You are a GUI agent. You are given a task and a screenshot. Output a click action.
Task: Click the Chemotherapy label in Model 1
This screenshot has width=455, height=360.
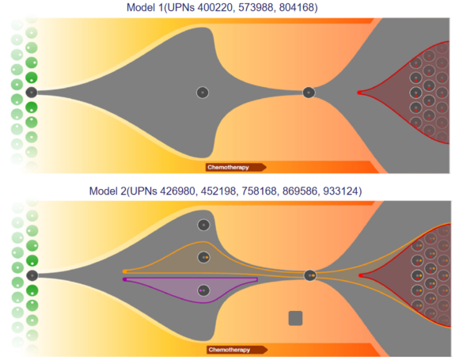point(228,168)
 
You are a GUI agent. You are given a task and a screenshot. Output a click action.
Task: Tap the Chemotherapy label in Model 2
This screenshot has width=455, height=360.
point(229,350)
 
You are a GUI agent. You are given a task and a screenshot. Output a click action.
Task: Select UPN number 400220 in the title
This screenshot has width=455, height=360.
point(215,7)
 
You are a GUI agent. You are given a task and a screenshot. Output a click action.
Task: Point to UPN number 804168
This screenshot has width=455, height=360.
point(297,7)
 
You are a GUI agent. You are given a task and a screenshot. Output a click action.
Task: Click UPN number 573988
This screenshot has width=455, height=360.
point(256,7)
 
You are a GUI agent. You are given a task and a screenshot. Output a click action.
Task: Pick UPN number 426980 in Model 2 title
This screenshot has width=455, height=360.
point(178,191)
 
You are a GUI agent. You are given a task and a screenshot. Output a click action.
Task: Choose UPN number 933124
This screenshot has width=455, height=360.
point(341,191)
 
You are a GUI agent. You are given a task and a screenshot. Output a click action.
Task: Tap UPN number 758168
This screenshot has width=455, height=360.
point(260,191)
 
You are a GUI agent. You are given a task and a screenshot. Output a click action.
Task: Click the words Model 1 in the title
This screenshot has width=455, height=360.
point(145,7)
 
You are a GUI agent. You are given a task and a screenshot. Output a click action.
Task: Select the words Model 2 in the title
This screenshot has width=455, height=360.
point(108,191)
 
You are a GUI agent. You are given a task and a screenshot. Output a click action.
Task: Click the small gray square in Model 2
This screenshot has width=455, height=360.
point(295,318)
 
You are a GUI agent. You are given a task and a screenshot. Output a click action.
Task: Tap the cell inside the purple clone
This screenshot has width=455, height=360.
point(203,290)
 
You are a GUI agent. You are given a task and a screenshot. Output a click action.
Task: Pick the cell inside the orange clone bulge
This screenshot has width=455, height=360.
point(203,257)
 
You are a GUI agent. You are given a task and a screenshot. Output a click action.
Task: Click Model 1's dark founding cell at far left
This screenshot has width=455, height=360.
point(32,93)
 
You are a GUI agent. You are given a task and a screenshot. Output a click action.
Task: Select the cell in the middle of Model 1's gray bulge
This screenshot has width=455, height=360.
point(203,93)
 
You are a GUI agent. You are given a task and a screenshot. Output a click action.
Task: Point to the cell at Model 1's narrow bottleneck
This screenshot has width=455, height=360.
point(309,93)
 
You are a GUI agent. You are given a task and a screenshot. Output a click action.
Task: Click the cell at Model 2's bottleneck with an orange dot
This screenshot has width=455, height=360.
point(310,275)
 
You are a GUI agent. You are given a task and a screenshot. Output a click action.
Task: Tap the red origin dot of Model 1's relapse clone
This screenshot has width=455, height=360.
point(359,93)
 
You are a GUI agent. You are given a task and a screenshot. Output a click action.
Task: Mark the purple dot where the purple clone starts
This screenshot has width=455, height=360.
point(125,279)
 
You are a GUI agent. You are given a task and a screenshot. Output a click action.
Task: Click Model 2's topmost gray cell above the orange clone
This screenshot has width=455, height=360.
point(203,225)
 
